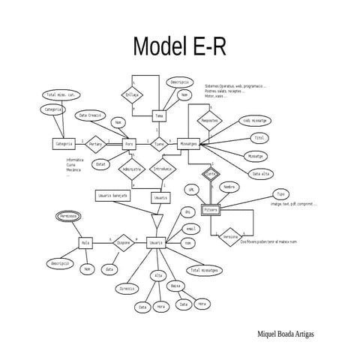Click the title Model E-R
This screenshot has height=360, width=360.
pyautogui.click(x=179, y=46)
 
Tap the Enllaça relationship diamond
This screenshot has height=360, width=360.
pyautogui.click(x=132, y=96)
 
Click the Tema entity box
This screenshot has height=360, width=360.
pyautogui.click(x=159, y=116)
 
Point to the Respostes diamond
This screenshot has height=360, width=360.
pyautogui.click(x=211, y=119)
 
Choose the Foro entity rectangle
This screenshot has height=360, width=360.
pyautogui.click(x=129, y=142)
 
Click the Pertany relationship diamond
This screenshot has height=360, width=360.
pyautogui.click(x=95, y=142)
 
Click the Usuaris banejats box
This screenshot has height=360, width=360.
pyautogui.click(x=112, y=195)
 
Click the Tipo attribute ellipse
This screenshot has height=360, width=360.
pyautogui.click(x=280, y=193)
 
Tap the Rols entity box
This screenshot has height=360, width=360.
pyautogui.click(x=85, y=243)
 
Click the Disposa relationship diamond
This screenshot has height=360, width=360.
pyautogui.click(x=123, y=243)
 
